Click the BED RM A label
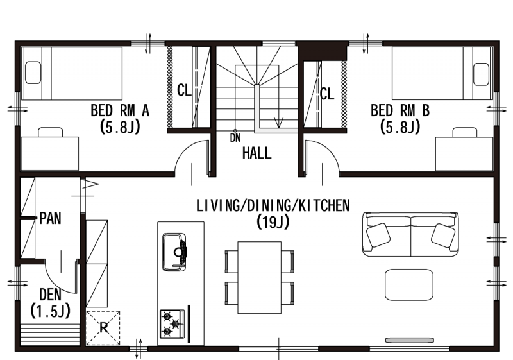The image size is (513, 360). coord(120,110)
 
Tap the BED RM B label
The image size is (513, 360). coord(399,110)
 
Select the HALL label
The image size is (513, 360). coord(257,153)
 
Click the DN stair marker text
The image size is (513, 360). coord(235,138)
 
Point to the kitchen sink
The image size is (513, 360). coord(175,252)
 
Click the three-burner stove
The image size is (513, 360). coord(172,324)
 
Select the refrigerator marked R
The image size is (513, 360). coord(103,328)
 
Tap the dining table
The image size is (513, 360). coord(260,277)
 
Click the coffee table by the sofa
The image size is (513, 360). coord(409,285)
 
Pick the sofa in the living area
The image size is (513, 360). coord(410,234)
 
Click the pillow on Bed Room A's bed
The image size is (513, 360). coord(33,73)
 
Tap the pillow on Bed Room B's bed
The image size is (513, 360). coord(482,74)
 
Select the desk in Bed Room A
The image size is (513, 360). coord(50,153)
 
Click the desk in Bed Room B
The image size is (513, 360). coord(464,154)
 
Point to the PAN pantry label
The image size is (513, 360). coord(50,218)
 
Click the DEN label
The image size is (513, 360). coord(50,295)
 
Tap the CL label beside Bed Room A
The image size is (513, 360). coord(184,90)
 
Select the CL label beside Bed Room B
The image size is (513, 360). coord(327,94)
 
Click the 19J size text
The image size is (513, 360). coord(273,222)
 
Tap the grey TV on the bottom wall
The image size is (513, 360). coord(410,340)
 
